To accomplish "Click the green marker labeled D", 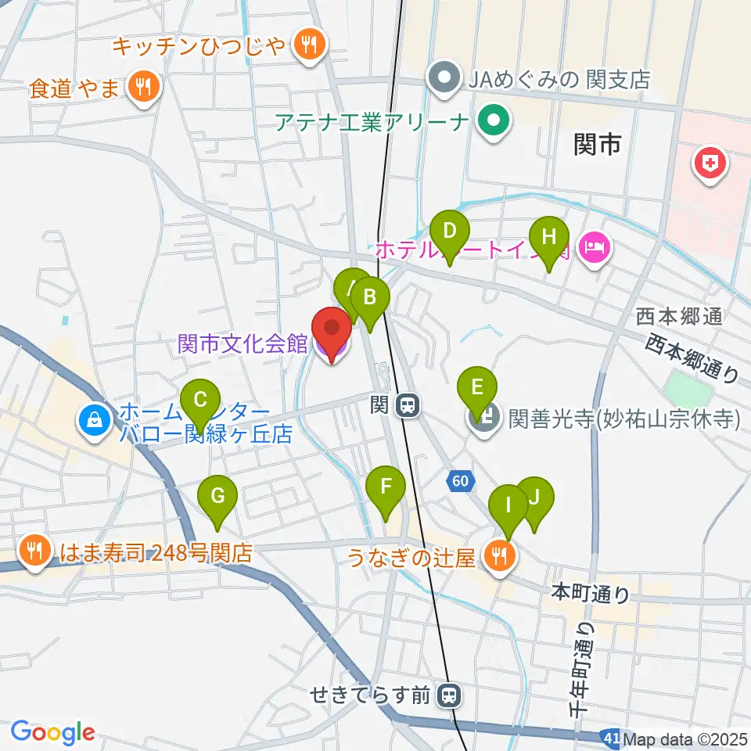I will [450, 232].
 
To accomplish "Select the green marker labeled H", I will [548, 236].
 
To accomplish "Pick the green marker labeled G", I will [218, 495].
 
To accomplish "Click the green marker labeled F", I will [386, 487].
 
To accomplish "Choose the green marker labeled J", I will [535, 497].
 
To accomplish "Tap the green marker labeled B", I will [370, 297].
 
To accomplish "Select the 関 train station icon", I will [406, 405].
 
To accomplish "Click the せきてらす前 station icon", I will [449, 694].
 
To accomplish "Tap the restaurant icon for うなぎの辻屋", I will [499, 556].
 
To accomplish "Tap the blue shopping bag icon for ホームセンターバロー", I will [94, 421].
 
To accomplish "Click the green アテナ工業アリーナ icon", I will [494, 122].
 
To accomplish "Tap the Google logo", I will [52, 731].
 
